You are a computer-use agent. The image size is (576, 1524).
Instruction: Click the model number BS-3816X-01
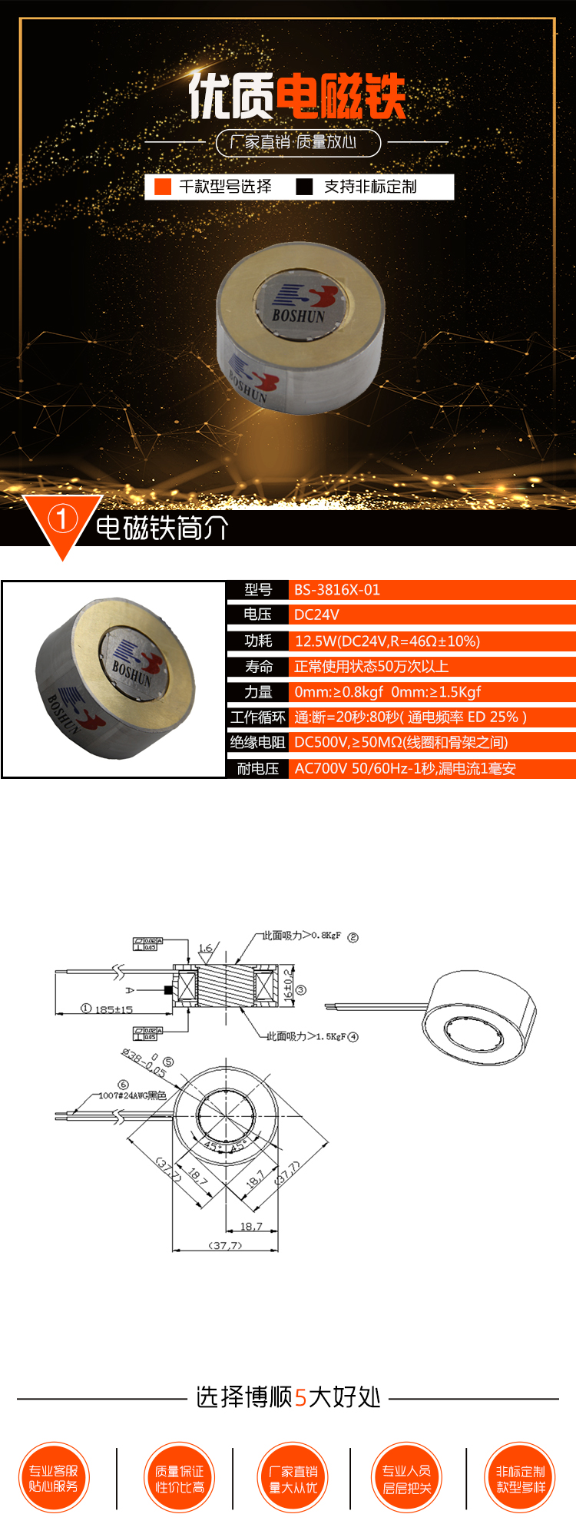click(337, 590)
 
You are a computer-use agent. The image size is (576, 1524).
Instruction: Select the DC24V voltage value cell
click(316, 615)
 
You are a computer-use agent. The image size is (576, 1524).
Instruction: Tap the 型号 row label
click(258, 590)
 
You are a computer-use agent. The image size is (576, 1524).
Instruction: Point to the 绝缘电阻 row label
click(258, 742)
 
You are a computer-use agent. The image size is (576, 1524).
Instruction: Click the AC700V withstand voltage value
click(405, 768)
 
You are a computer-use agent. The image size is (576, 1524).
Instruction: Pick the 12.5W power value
click(387, 641)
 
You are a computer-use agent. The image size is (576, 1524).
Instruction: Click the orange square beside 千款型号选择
click(163, 187)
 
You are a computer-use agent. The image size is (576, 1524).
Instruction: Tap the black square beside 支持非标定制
click(305, 187)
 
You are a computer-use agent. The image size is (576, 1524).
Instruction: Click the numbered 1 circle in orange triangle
click(61, 520)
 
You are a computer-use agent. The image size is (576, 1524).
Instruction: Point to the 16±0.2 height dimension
click(288, 986)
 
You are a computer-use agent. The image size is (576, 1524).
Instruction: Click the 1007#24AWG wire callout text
click(132, 1095)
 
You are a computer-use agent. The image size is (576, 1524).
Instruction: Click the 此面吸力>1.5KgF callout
click(306, 1036)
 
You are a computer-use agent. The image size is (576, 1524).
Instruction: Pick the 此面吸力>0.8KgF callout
click(302, 936)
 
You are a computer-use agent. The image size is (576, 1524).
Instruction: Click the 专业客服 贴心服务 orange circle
click(54, 1479)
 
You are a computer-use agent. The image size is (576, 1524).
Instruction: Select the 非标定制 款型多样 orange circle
click(521, 1479)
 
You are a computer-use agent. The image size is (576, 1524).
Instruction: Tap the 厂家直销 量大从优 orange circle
click(293, 1479)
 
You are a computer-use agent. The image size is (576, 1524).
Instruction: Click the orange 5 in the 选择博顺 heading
click(300, 1397)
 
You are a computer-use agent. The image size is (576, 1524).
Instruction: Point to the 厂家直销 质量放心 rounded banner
click(298, 142)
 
